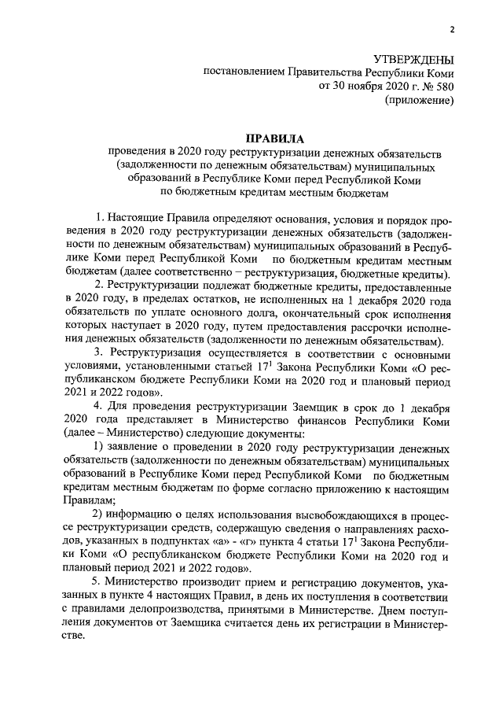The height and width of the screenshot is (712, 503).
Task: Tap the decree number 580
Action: (x=444, y=87)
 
